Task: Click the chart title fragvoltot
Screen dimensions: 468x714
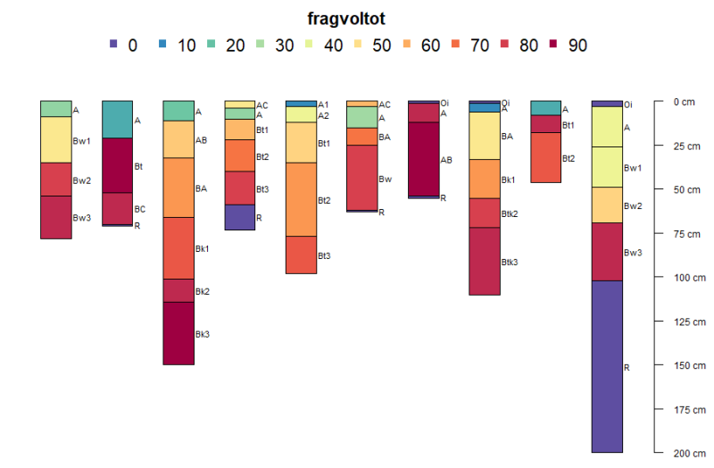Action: (346, 18)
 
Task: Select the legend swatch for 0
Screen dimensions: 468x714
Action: (112, 44)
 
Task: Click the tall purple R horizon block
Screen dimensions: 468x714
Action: (607, 366)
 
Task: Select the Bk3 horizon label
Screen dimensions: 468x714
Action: (203, 334)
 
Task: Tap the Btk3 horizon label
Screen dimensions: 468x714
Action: (510, 262)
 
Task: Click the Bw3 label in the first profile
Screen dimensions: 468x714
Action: (82, 218)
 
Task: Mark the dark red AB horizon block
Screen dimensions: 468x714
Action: (423, 159)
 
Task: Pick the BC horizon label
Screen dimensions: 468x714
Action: (139, 209)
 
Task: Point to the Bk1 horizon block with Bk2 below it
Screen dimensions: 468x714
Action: (178, 248)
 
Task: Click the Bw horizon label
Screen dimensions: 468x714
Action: (385, 179)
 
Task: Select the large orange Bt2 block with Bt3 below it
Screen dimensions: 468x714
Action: (300, 199)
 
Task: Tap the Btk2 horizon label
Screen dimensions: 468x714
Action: (510, 213)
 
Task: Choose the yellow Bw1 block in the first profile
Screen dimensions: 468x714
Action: (55, 139)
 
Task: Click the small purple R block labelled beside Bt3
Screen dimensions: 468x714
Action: (239, 217)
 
